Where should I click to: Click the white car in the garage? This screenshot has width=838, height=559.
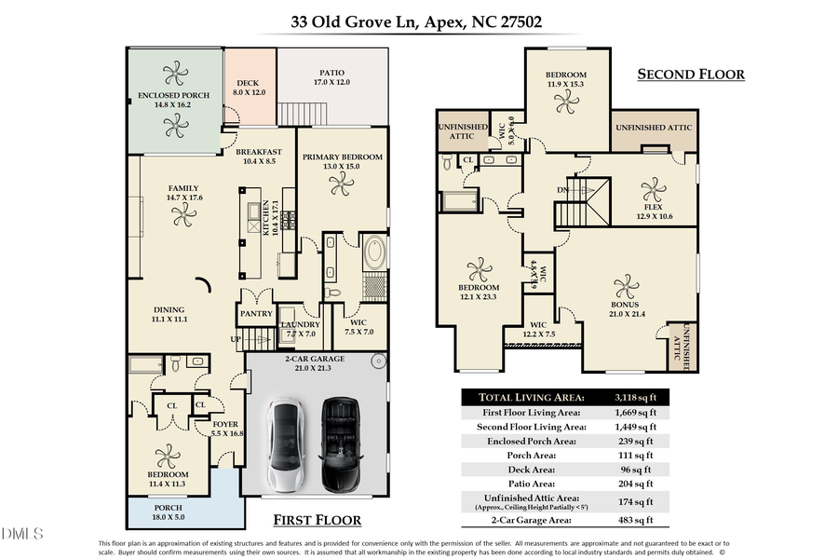tap(288, 445)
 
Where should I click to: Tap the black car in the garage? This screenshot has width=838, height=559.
tap(340, 445)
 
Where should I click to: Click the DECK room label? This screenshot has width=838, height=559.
tap(247, 83)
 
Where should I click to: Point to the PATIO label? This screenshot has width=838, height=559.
tap(331, 72)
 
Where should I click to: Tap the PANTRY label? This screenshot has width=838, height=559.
tap(256, 314)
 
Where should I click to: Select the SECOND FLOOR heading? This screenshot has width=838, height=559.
tap(691, 75)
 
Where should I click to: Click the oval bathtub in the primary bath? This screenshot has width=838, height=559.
tap(375, 252)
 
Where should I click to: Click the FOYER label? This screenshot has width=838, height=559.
tap(225, 424)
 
